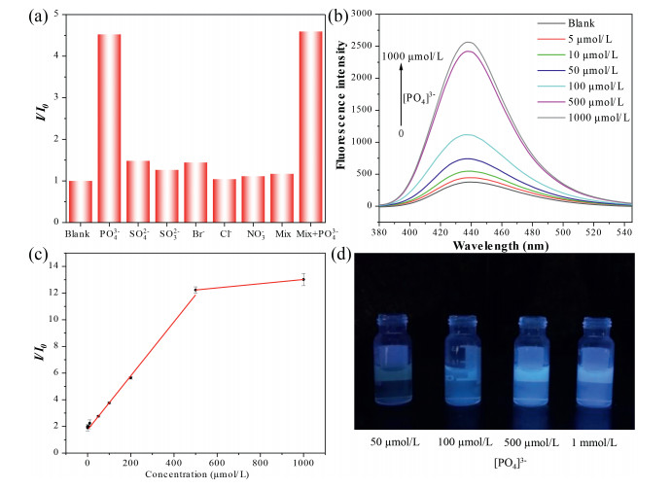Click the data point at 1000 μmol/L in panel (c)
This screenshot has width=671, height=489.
point(303,279)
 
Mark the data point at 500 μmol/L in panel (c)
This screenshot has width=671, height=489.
point(195,290)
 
